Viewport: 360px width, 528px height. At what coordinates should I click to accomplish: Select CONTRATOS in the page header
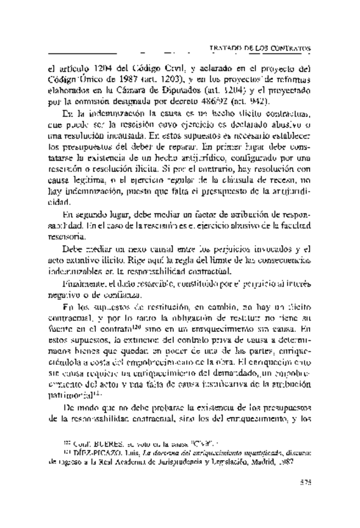tap(290, 49)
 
